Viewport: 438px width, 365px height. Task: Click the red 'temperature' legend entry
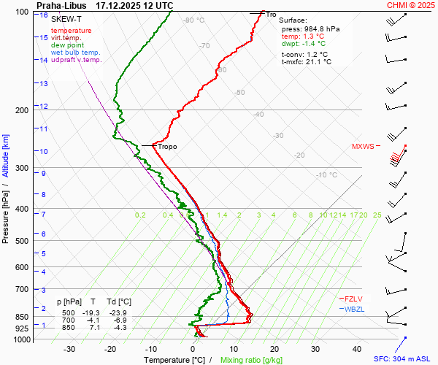(x=71, y=31)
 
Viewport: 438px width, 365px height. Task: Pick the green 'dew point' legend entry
(x=67, y=45)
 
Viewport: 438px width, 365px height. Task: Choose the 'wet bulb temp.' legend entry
(x=76, y=53)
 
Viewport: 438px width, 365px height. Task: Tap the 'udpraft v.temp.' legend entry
(x=77, y=60)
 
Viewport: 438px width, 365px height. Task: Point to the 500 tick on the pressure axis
(x=23, y=241)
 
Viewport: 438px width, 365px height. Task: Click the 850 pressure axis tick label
(x=23, y=317)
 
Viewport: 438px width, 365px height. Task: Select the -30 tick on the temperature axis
(x=69, y=349)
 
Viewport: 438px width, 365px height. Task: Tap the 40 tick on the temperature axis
(x=357, y=349)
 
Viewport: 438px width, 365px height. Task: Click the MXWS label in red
(x=362, y=146)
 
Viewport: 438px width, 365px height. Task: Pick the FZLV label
(x=354, y=298)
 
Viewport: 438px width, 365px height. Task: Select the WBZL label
(x=354, y=309)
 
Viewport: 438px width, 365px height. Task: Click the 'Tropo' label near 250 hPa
(x=167, y=147)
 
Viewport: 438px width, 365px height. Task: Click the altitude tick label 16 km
(x=44, y=15)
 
